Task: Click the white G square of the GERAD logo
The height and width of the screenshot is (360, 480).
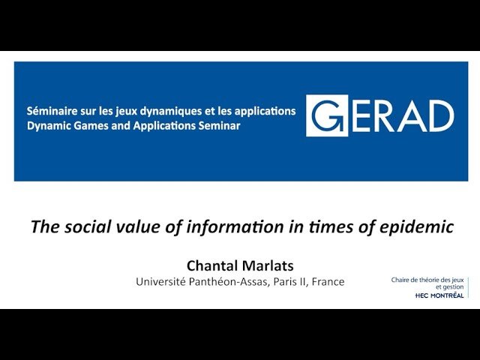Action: coord(327,115)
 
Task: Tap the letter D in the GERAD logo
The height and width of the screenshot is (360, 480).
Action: coord(441,116)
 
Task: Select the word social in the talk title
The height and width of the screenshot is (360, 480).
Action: coord(87,226)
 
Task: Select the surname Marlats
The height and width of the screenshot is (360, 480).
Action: coord(268,265)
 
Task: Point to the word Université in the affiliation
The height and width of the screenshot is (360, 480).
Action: coord(160,282)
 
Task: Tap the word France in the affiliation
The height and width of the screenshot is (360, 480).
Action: coord(328,282)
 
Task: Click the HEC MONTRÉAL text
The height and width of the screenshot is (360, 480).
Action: coord(439,295)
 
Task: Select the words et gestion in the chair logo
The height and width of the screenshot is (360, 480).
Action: coord(449,287)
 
